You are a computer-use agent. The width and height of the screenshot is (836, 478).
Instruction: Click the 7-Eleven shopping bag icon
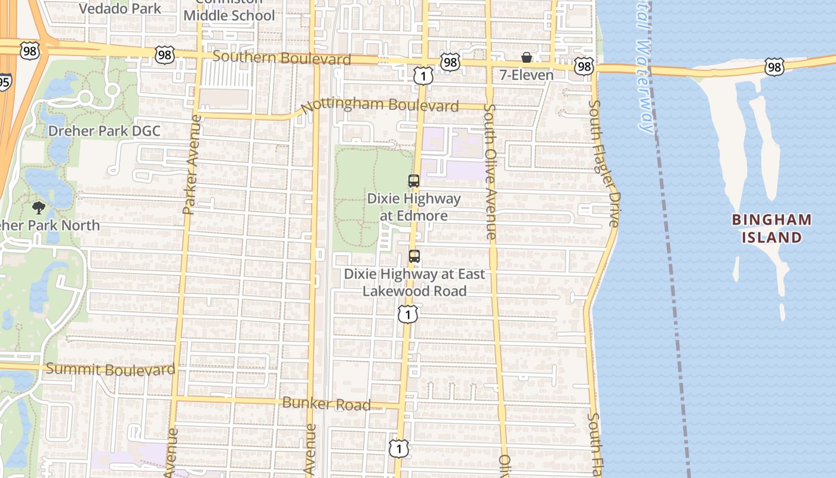point(527,57)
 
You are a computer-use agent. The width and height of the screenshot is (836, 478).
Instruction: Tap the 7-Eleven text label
point(527,75)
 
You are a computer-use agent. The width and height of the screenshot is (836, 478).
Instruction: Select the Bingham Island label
point(772,228)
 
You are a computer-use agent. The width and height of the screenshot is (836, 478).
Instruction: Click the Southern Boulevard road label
point(281,58)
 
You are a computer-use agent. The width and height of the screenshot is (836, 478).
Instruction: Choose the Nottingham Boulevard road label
point(380,106)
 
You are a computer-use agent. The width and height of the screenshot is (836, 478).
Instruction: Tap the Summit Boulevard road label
point(110,369)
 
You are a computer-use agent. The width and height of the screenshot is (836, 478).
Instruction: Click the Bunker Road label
point(326,404)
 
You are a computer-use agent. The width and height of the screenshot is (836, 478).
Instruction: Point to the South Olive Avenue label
point(490,172)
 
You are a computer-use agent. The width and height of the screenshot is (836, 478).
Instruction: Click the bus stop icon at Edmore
point(414,180)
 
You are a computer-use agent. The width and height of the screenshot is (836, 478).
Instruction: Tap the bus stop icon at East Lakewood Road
point(414,256)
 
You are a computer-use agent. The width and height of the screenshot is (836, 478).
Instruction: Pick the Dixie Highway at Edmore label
point(414,207)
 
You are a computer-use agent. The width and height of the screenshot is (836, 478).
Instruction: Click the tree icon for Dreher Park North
point(39,208)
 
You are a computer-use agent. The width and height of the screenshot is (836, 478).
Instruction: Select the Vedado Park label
point(120,8)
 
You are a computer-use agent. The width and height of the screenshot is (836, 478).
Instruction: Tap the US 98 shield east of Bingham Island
point(774,66)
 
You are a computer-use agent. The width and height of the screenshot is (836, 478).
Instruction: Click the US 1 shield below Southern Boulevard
point(423,75)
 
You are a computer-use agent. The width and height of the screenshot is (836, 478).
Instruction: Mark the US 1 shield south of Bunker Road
point(398,448)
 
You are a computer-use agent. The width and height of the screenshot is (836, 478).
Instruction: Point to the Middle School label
point(229,15)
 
